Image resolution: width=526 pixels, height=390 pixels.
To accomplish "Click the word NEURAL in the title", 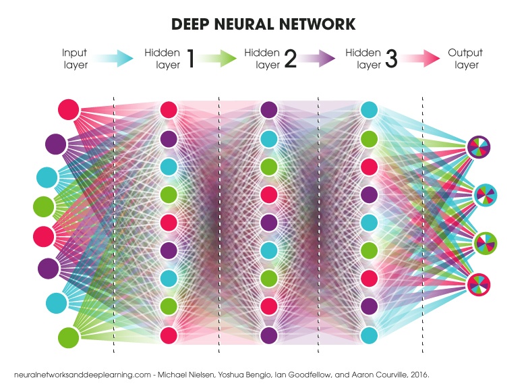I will pos(262,24).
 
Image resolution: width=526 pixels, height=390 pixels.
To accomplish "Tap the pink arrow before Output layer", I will pos(421,59).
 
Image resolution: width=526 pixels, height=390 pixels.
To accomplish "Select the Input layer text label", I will pos(74,59).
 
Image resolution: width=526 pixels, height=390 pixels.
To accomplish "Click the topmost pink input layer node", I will pos(69,109).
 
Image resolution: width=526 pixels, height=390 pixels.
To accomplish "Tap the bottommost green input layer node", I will pos(69,336).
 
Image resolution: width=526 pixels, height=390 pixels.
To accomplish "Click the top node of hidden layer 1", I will pos(169,109).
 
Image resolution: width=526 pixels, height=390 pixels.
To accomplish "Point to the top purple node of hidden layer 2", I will pos(268,109).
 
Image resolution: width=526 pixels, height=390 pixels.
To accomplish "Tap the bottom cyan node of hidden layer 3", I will pos(369,335).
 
